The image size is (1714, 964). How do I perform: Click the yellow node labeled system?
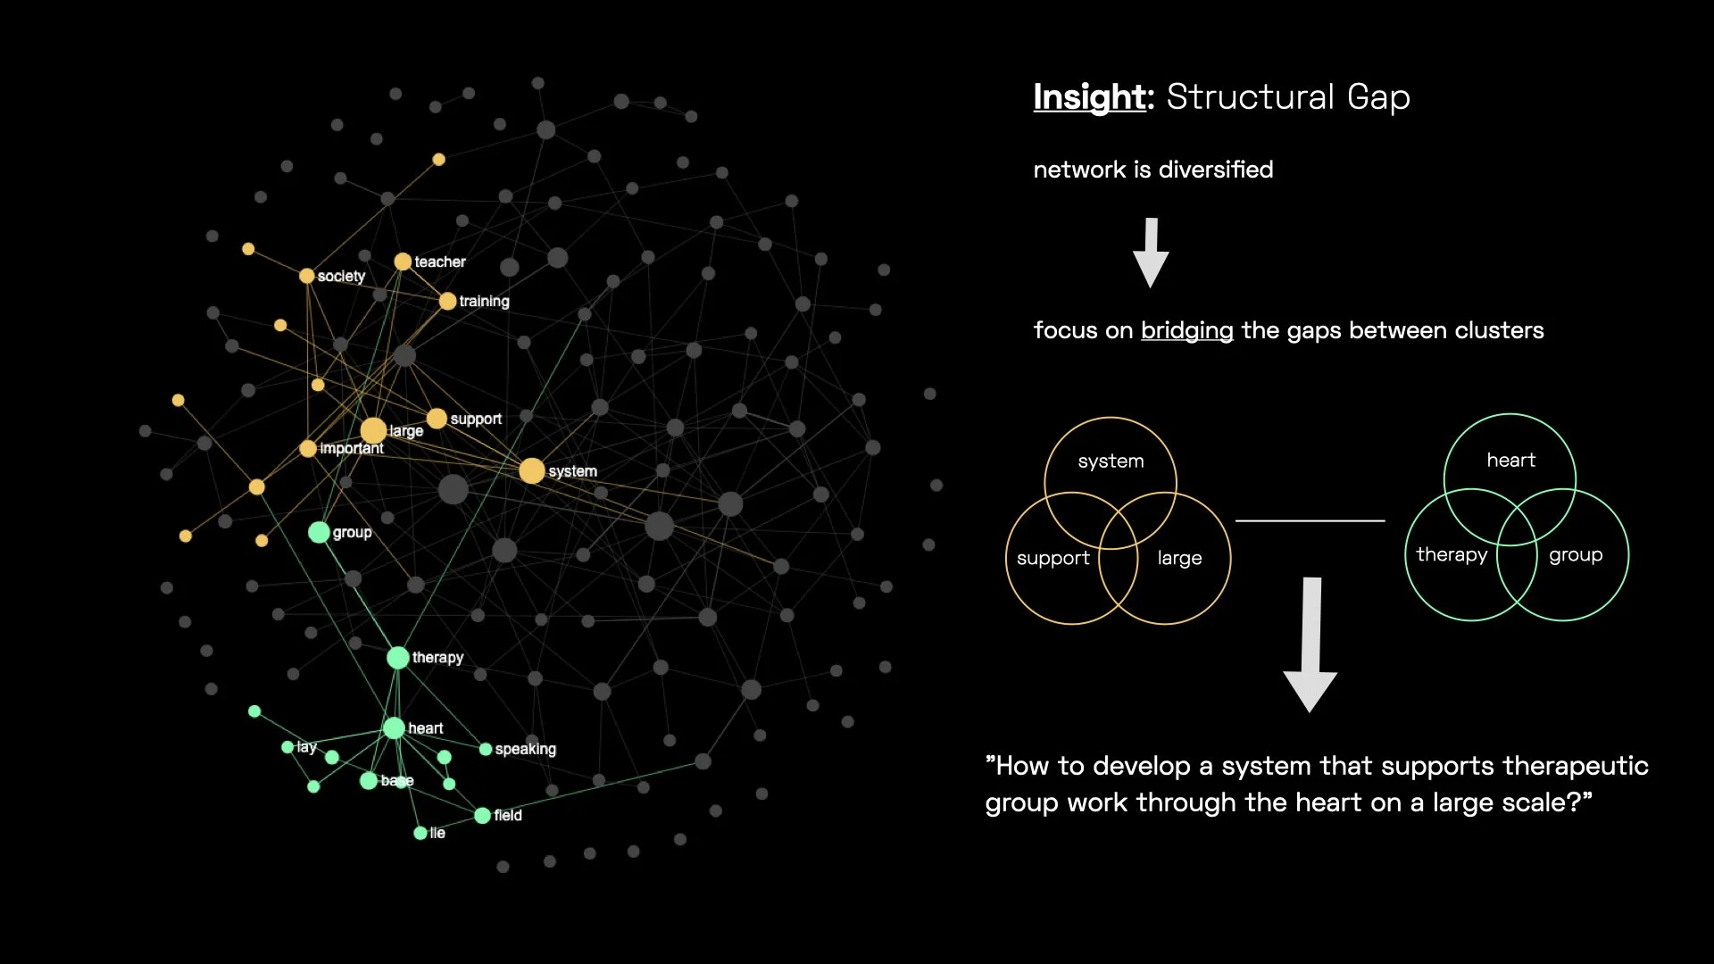(x=532, y=470)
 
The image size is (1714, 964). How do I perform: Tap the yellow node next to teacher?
(x=403, y=262)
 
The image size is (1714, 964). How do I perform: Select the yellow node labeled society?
(x=307, y=276)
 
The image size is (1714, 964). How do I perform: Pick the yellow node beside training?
(x=447, y=301)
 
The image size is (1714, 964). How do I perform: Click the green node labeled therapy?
(x=398, y=658)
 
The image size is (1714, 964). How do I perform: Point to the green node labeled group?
(x=319, y=532)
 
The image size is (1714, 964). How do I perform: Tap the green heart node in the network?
(x=394, y=728)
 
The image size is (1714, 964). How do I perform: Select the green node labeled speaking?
(x=486, y=749)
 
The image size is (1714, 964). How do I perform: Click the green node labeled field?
(x=482, y=815)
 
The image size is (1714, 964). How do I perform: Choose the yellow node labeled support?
(x=437, y=419)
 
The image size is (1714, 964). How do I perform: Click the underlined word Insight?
(x=1089, y=97)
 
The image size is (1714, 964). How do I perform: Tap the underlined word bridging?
(x=1186, y=330)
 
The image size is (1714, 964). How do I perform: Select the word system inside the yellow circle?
(x=1111, y=461)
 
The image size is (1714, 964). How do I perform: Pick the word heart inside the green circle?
(x=1510, y=461)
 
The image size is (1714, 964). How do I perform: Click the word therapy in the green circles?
(x=1452, y=555)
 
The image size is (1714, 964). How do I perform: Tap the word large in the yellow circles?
(x=1179, y=559)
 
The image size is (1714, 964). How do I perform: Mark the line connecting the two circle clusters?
(x=1310, y=520)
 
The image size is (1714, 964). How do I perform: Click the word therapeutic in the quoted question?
(x=1575, y=766)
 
